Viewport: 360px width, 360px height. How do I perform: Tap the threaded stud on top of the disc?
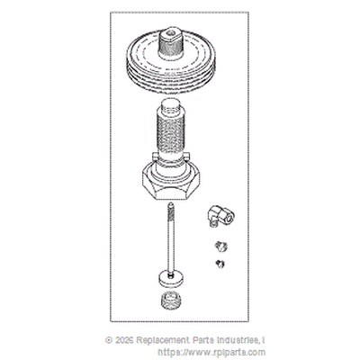point(171,43)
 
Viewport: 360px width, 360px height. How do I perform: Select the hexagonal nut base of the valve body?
point(171,182)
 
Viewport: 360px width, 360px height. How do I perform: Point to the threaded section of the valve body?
point(170,132)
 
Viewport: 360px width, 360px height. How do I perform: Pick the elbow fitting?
point(220,216)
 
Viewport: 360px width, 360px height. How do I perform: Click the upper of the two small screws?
point(220,247)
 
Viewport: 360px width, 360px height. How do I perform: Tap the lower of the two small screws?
point(220,264)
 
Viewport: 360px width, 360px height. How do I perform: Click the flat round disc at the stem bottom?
point(171,278)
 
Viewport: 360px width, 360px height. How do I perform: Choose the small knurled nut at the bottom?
point(171,300)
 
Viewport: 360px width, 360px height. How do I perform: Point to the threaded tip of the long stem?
point(170,210)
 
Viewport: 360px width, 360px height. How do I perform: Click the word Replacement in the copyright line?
point(162,340)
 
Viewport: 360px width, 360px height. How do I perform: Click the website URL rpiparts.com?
point(211,352)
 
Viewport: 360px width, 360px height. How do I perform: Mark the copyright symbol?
point(109,340)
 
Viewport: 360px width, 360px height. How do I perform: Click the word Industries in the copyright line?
point(238,340)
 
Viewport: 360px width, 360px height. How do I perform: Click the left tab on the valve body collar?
point(155,157)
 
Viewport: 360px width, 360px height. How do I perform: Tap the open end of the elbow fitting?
point(229,219)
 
